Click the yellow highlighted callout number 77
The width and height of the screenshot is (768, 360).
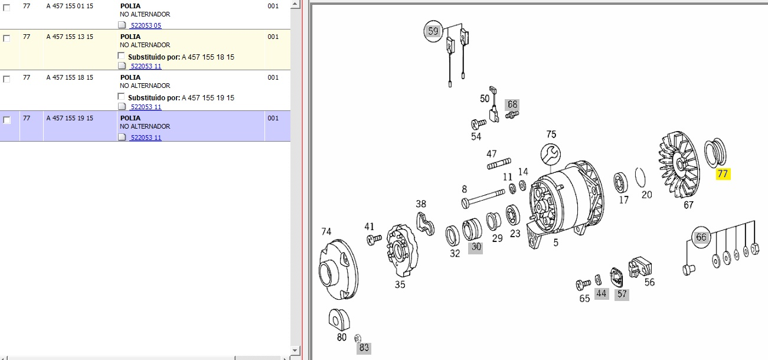tap(723, 174)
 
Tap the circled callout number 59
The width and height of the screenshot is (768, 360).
tap(433, 31)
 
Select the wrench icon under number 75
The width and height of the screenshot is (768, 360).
tap(551, 154)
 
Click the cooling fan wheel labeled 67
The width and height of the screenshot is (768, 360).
tap(679, 165)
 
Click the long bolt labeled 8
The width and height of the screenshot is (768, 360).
tap(483, 198)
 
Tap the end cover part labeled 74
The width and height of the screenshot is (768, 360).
tap(338, 270)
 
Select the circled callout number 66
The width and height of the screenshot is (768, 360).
tap(701, 237)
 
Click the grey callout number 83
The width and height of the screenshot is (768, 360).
tap(364, 348)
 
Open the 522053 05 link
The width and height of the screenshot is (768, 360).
tap(146, 25)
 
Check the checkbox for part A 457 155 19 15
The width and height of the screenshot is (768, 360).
tap(6, 120)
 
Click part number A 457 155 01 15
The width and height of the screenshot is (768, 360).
tap(70, 6)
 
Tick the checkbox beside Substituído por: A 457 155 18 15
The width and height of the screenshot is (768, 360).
tap(121, 56)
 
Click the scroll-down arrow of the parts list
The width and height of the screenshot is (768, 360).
tap(295, 351)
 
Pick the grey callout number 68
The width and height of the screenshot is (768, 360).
tap(512, 104)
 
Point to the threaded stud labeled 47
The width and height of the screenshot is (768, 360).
tap(499, 163)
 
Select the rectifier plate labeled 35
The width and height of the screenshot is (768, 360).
tap(402, 250)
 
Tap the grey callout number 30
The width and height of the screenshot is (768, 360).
tap(476, 247)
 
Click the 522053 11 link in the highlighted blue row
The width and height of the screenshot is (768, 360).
tap(146, 138)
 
